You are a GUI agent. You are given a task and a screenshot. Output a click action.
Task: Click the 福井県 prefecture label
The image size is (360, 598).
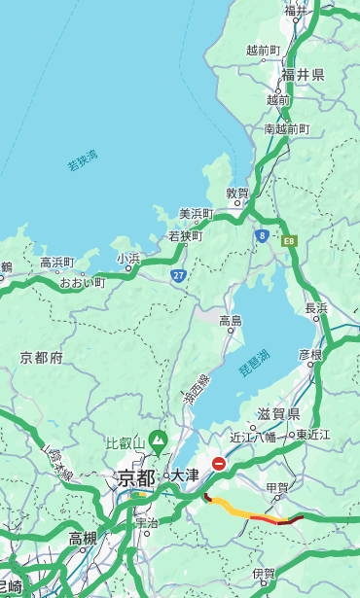click(x=304, y=75)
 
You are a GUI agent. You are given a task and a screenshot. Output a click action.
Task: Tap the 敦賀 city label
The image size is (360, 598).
click(x=237, y=193)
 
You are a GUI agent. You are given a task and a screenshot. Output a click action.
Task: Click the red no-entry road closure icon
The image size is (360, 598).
click(x=219, y=464)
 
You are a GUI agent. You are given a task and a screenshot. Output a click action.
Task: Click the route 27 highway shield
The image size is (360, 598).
click(x=178, y=276)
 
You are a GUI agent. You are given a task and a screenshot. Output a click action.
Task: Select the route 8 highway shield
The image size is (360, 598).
click(x=262, y=235)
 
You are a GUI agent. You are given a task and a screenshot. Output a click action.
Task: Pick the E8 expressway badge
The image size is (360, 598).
click(x=289, y=238)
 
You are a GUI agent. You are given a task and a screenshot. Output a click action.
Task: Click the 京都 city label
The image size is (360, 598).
click(x=136, y=477)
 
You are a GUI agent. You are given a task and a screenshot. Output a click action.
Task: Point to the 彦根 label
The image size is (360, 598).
click(x=309, y=354)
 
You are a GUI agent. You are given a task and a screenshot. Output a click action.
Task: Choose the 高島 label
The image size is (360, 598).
click(x=231, y=321)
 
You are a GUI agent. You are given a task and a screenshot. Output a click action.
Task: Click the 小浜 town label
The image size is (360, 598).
click(x=128, y=258)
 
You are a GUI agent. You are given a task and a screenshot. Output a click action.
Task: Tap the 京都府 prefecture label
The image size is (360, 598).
click(x=42, y=358)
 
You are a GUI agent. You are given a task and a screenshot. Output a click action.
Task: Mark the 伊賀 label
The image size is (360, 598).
click(x=263, y=574)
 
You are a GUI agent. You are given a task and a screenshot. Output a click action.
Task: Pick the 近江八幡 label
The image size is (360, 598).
click(x=252, y=436)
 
